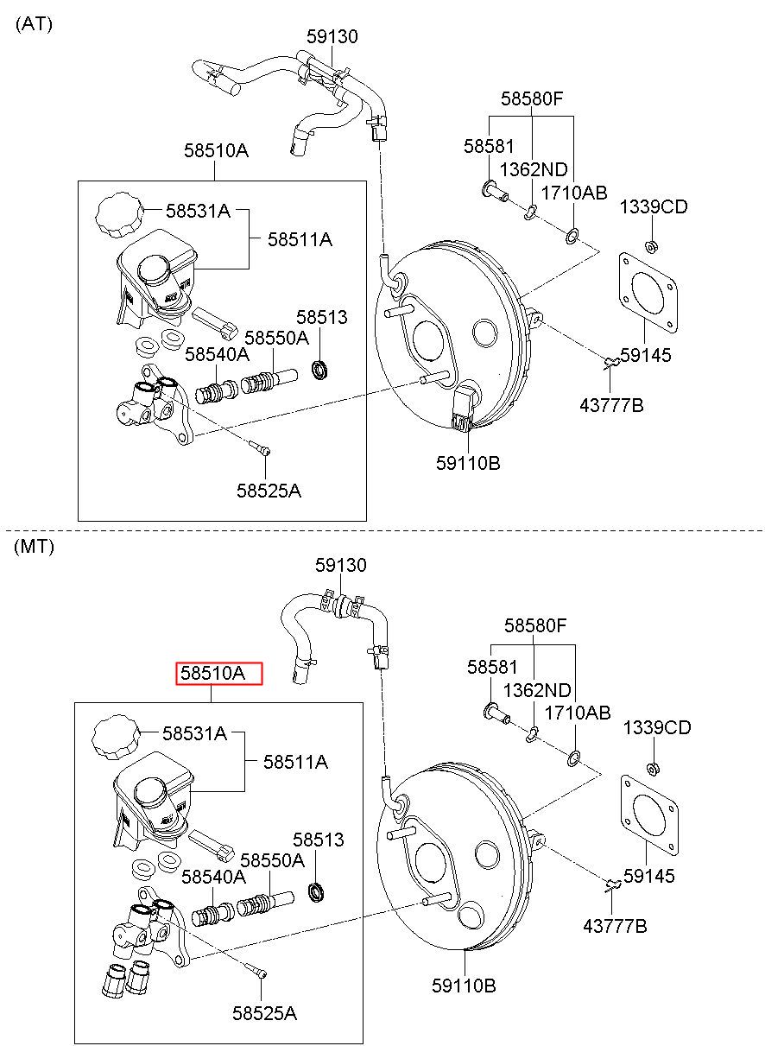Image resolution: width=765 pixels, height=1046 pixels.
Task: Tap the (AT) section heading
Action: tap(34, 24)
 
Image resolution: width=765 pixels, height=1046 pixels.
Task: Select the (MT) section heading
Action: tap(34, 546)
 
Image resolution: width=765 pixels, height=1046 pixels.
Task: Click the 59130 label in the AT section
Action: tap(332, 36)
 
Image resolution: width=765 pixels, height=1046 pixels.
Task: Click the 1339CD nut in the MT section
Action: tap(654, 768)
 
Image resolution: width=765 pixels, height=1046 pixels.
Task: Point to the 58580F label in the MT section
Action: tap(534, 625)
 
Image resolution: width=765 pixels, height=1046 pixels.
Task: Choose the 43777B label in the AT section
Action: tap(611, 405)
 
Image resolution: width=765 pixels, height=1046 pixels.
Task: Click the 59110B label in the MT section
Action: tap(464, 986)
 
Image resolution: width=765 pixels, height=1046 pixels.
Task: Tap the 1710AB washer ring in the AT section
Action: tap(572, 237)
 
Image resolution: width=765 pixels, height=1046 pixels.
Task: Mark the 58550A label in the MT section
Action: tap(272, 860)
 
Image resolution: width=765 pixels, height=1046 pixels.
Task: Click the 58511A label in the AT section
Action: tap(300, 239)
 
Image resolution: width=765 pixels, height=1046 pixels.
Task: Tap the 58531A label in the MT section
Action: tap(194, 733)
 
